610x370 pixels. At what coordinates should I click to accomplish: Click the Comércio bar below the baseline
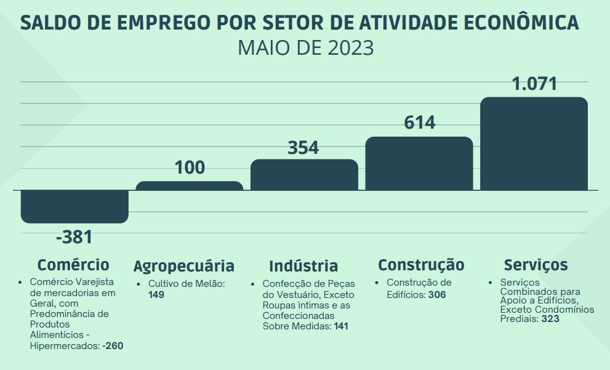(x=74, y=206)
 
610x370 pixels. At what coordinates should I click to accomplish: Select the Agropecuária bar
(x=189, y=186)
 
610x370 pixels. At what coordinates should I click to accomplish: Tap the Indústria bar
(x=304, y=175)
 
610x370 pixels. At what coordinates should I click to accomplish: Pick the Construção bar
(x=419, y=164)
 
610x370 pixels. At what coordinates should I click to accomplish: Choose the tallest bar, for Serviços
(x=534, y=144)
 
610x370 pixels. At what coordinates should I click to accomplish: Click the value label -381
(x=74, y=237)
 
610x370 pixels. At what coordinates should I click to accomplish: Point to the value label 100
(x=190, y=167)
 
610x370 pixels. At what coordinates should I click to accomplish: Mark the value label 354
(x=303, y=148)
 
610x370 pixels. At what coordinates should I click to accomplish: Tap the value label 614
(x=419, y=123)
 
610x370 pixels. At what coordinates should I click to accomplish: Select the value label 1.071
(x=534, y=84)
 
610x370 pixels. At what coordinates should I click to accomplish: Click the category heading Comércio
(x=73, y=265)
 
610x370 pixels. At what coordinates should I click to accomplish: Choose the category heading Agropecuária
(x=184, y=266)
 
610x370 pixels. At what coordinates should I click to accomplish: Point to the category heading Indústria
(x=303, y=266)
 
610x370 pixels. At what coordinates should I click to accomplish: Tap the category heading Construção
(x=421, y=265)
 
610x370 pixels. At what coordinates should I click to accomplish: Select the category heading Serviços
(x=536, y=265)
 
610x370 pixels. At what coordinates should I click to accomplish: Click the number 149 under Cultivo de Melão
(x=156, y=295)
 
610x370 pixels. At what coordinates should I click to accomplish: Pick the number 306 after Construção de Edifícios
(x=437, y=295)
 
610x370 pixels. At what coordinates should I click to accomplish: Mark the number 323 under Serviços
(x=550, y=320)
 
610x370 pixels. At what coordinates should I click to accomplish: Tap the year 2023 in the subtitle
(x=351, y=48)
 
